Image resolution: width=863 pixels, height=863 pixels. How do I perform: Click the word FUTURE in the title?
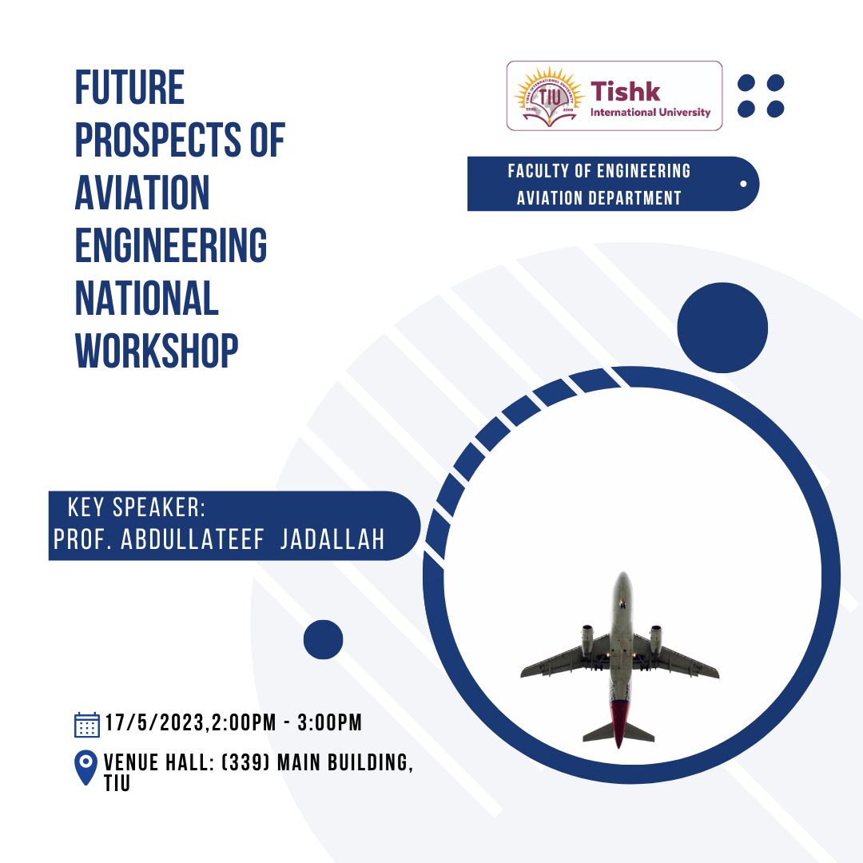(129, 87)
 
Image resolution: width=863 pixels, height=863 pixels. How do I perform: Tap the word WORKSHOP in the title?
(157, 351)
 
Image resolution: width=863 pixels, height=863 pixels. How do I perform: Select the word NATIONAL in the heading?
(147, 298)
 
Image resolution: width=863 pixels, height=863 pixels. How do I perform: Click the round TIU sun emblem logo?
(549, 97)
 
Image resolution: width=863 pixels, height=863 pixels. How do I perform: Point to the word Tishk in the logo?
(625, 91)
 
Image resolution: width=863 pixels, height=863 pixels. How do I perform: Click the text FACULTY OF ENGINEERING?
(599, 171)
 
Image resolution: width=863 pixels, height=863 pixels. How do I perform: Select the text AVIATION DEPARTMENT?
(599, 198)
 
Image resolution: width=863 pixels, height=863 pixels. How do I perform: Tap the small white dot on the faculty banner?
(743, 184)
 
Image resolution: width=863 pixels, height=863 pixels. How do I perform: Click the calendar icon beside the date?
(87, 724)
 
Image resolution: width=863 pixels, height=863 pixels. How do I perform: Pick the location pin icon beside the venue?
(86, 767)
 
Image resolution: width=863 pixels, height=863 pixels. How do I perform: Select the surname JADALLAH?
(332, 539)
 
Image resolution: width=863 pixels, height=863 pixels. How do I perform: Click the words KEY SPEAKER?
(137, 507)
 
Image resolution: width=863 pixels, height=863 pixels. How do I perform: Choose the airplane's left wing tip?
(523, 673)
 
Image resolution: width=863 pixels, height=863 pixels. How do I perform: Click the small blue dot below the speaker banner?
(323, 639)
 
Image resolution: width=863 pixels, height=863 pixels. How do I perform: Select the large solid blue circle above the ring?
(722, 328)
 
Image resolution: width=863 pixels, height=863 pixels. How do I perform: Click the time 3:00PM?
(330, 722)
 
